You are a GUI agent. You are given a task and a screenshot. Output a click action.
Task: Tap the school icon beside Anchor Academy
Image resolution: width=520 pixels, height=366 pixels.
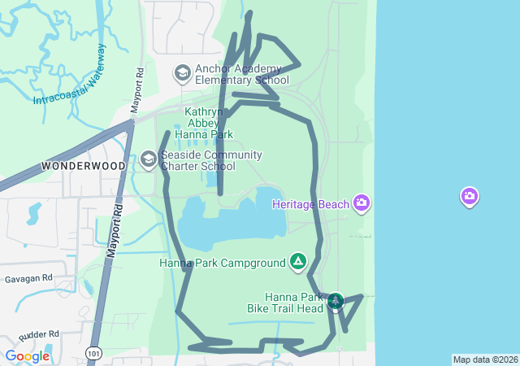click(182, 74)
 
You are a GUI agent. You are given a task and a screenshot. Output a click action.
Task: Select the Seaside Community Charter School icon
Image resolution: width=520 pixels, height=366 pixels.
click(148, 159)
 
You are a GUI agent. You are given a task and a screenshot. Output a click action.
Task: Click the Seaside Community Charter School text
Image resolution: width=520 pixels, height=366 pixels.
click(210, 160)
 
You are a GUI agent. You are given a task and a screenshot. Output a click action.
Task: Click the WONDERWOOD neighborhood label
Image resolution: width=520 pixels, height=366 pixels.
click(84, 166)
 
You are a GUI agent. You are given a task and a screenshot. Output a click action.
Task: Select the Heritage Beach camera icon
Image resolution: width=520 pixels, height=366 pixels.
click(362, 203)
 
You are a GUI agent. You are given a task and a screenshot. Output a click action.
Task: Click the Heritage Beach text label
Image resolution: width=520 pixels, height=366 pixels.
click(310, 203)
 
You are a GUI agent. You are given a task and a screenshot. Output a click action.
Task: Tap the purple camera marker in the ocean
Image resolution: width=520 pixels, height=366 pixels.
click(469, 196)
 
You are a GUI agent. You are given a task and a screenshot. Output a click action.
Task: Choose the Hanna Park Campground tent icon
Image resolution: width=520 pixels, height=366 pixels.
click(298, 262)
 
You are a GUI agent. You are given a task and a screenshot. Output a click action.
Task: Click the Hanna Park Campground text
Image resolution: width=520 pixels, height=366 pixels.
click(223, 263)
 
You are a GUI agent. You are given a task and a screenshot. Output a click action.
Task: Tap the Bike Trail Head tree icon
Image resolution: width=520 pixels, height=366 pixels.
click(335, 302)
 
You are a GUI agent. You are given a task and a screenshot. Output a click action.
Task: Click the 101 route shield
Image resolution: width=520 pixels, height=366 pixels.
click(95, 353)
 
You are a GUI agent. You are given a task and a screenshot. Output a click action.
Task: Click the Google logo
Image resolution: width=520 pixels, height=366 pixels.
click(27, 355)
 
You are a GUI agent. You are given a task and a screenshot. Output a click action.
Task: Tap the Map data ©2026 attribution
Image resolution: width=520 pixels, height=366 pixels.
click(485, 359)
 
